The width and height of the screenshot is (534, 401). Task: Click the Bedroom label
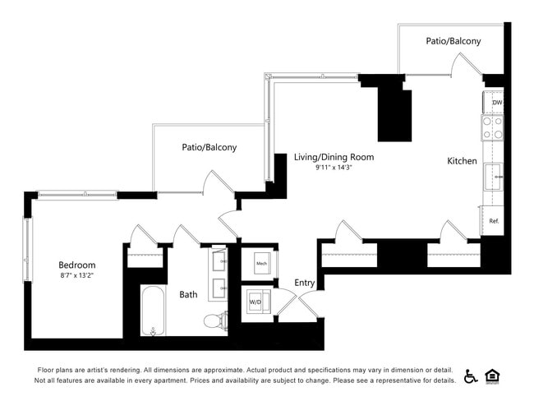pyautogui.click(x=77, y=265)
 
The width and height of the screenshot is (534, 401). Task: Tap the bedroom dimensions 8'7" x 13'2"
pyautogui.click(x=77, y=276)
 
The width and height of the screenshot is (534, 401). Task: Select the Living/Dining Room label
pyautogui.click(x=334, y=157)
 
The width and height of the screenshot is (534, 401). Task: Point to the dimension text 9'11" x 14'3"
pyautogui.click(x=334, y=168)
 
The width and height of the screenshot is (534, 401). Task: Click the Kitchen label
pyautogui.click(x=462, y=161)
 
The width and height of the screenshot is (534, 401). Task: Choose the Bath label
pyautogui.click(x=188, y=294)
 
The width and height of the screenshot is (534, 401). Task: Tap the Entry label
pyautogui.click(x=305, y=283)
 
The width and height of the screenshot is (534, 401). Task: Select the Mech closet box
pyautogui.click(x=262, y=263)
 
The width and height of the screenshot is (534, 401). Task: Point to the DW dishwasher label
pyautogui.click(x=497, y=103)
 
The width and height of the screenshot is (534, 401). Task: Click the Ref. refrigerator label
pyautogui.click(x=495, y=221)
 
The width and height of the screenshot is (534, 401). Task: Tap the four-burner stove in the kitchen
pyautogui.click(x=493, y=127)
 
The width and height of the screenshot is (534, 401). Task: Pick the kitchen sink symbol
pyautogui.click(x=495, y=177)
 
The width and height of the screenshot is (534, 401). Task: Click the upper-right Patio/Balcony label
pyautogui.click(x=453, y=41)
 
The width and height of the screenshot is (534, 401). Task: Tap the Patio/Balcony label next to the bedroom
pyautogui.click(x=209, y=148)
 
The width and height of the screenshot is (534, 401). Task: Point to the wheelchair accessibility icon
pyautogui.click(x=472, y=376)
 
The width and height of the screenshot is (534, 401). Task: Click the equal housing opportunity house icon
pyautogui.click(x=493, y=376)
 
